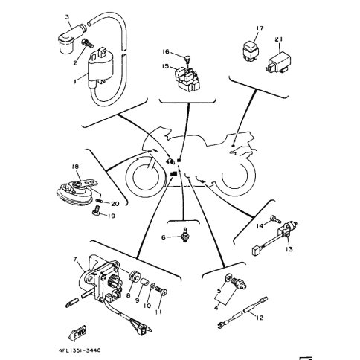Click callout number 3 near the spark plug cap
click(67, 16)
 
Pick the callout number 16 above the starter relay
click(166, 53)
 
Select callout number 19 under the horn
click(111, 217)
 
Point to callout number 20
click(115, 203)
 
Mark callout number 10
click(147, 304)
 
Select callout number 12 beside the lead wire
click(260, 318)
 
